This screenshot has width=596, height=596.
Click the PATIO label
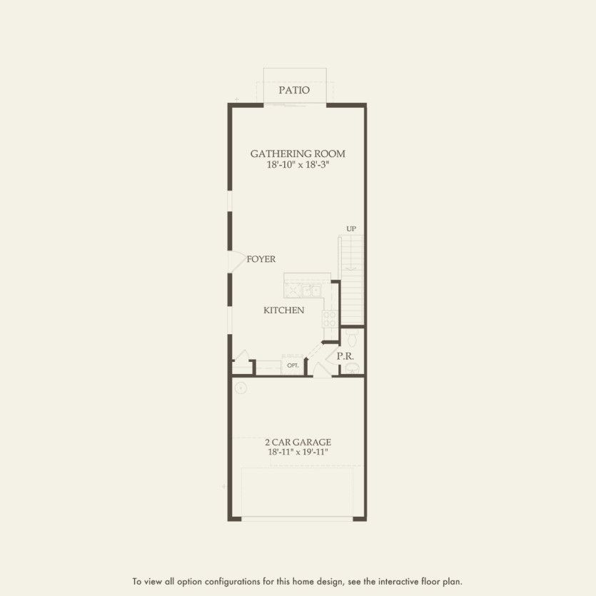coord(294,91)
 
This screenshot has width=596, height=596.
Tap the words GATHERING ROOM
coord(298,153)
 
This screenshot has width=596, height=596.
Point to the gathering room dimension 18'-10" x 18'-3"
coord(298,165)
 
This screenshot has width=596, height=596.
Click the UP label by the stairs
coord(351,229)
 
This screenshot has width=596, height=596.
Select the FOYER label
coord(261,260)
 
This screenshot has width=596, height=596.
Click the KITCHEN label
coord(284,310)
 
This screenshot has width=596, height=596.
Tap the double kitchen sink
coord(310,291)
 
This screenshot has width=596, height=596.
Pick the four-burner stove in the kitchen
coord(330,318)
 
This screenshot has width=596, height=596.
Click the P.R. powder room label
coord(346,355)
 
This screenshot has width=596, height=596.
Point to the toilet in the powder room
coord(352,335)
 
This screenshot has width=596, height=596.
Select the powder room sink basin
coord(352,368)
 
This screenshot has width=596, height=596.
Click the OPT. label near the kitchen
coord(293,365)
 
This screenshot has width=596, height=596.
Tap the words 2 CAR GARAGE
coord(298,443)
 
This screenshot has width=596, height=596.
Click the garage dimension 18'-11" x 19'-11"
coord(298,453)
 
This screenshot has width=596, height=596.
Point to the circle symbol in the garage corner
coord(241,388)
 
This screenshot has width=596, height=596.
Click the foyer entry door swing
coord(236,261)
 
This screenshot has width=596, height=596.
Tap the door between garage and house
coord(322,369)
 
